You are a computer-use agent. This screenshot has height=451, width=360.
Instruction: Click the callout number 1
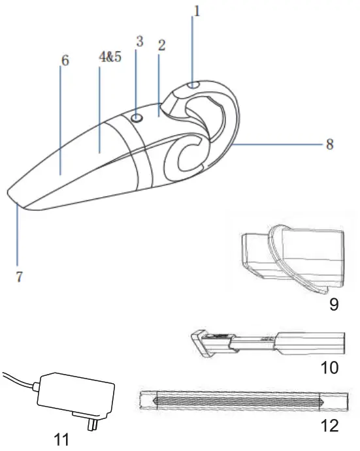click(x=191, y=11)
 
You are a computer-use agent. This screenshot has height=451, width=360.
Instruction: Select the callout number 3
click(x=139, y=41)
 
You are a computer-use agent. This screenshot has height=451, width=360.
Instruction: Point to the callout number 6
click(x=65, y=60)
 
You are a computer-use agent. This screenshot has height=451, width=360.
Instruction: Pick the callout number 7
click(x=19, y=276)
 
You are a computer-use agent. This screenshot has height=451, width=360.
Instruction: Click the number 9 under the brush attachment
click(x=334, y=305)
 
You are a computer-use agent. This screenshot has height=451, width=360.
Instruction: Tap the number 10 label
click(x=329, y=367)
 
